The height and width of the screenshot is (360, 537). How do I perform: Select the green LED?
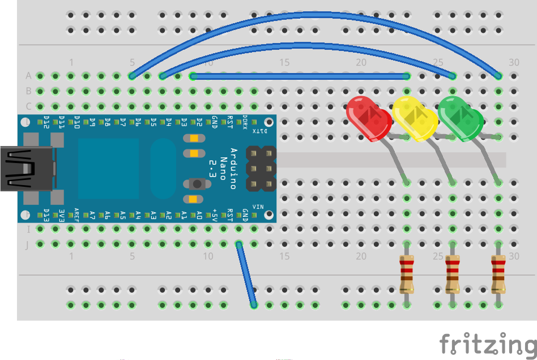pos(461,118)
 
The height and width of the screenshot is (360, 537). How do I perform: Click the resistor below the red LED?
pos(406,274)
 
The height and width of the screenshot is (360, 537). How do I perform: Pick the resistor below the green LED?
pos(498,274)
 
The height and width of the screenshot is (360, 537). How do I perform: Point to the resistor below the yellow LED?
pos(452,274)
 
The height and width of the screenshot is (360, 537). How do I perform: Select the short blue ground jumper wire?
pos(246,275)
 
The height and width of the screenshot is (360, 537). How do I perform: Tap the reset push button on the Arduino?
pos(196,183)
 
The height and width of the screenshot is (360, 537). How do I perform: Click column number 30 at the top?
pos(514,62)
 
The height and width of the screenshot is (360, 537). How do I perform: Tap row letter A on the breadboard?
pos(28,76)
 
